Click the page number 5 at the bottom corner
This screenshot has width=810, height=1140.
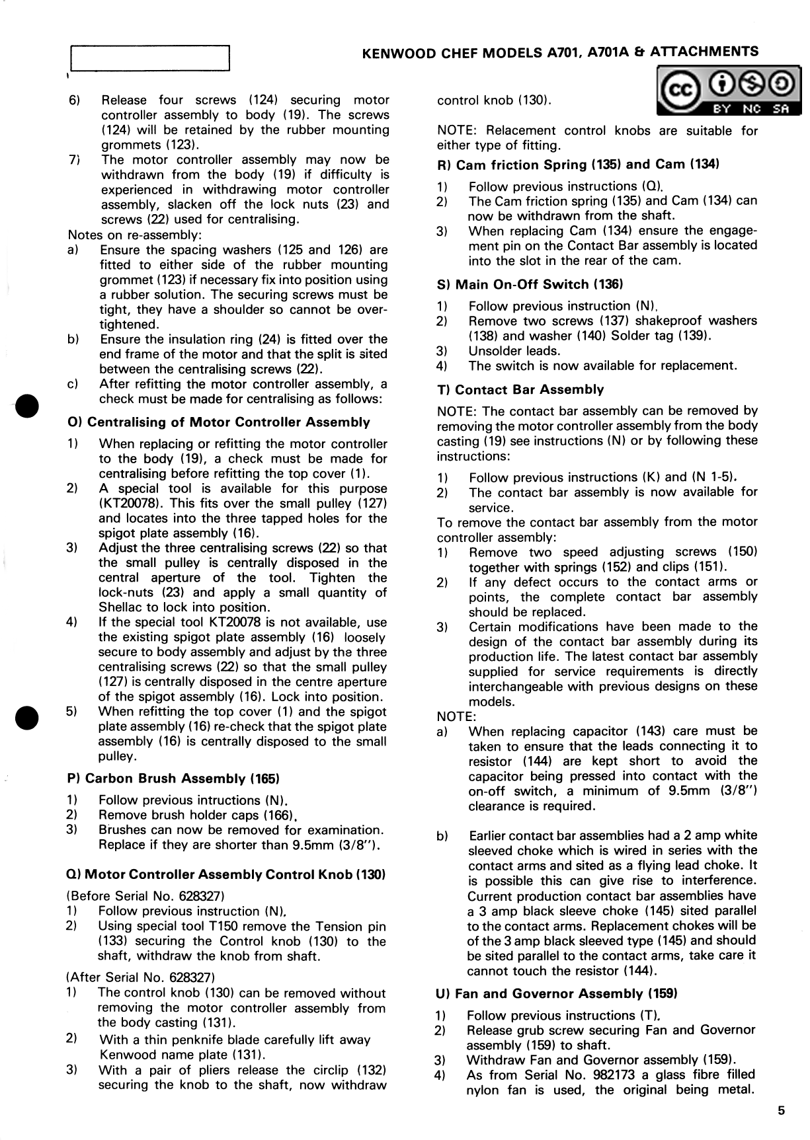click(x=781, y=1111)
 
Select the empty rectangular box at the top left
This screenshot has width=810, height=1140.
click(x=149, y=58)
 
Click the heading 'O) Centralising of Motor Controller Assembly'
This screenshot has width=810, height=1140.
click(x=219, y=422)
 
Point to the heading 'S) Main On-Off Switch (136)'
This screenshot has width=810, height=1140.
click(x=530, y=285)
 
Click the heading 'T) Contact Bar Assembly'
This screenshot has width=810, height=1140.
click(x=520, y=390)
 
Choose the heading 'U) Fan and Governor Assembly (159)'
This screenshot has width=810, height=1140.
click(x=556, y=994)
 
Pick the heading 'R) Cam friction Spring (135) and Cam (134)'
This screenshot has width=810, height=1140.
click(x=578, y=165)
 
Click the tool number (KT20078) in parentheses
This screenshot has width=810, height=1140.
click(x=128, y=504)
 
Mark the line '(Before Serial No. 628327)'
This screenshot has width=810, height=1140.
click(x=147, y=896)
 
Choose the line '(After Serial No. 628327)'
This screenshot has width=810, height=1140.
click(x=142, y=977)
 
